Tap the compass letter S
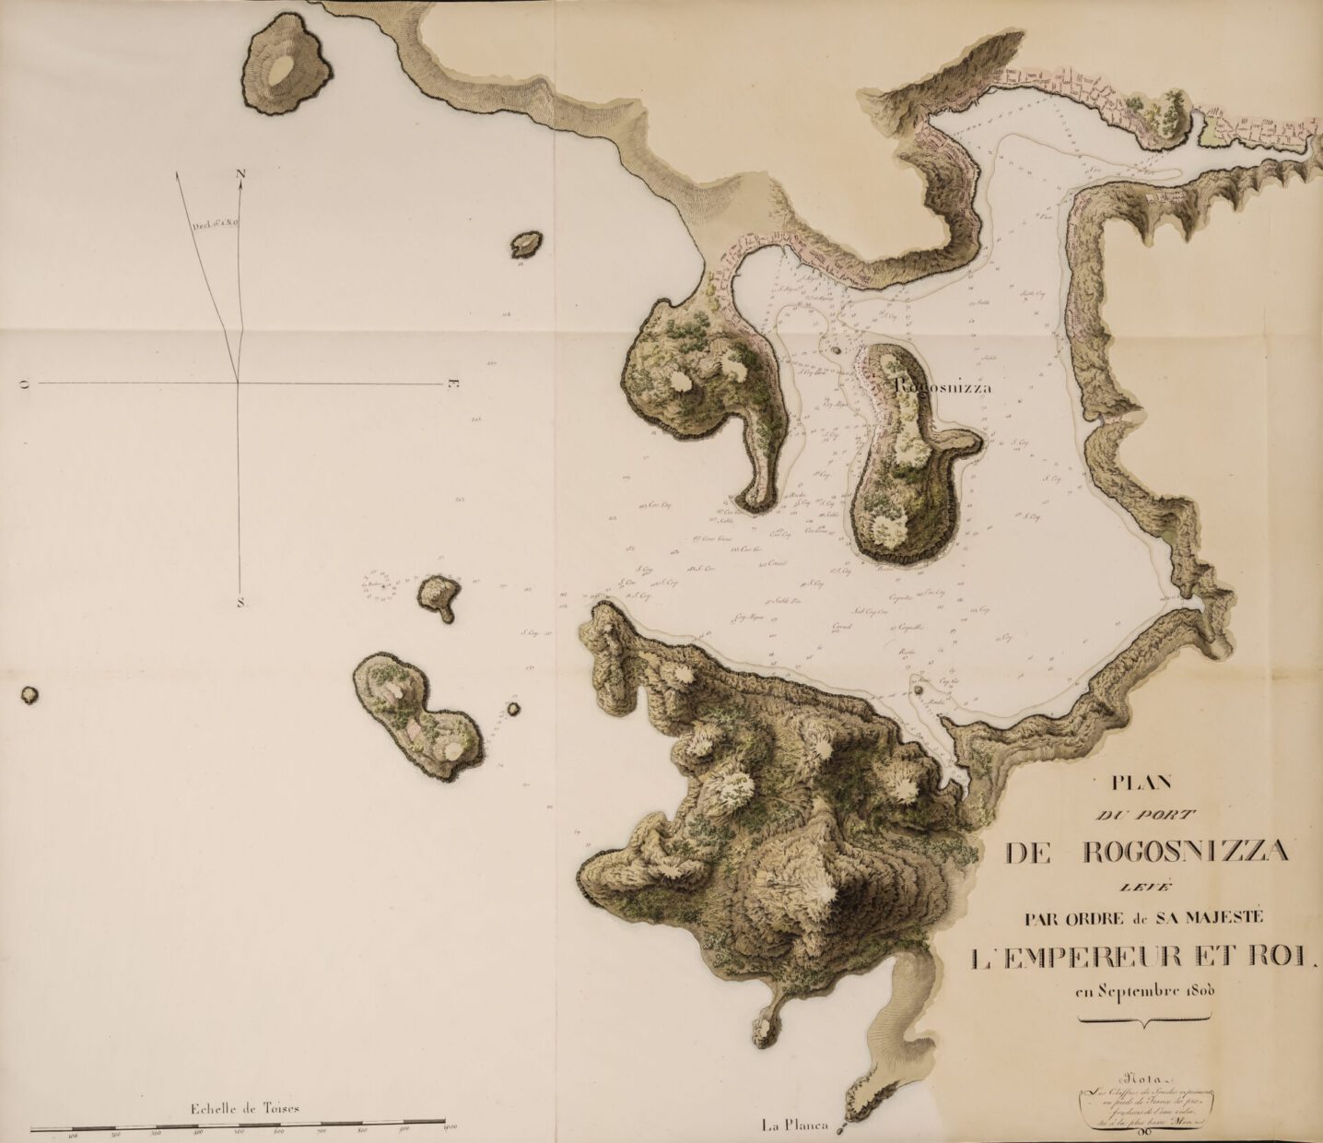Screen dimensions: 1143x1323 [240, 604]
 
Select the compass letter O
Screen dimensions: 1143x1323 [25, 383]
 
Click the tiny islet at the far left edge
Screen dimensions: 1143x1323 [29, 694]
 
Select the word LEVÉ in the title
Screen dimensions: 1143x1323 [1142, 887]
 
